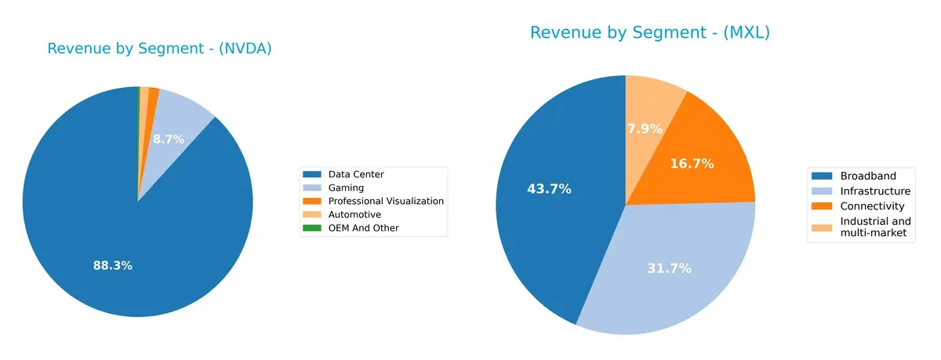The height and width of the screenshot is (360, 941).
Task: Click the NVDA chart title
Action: (159, 49)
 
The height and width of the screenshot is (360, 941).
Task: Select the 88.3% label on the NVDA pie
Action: (112, 266)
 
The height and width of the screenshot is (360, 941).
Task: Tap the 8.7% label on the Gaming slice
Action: (169, 140)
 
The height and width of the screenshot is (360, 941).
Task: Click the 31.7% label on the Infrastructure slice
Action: (669, 268)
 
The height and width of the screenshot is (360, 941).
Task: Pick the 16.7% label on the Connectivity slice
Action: (692, 164)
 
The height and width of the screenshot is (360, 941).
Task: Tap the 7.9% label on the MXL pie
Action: (645, 129)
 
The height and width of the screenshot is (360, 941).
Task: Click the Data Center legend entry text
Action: (356, 174)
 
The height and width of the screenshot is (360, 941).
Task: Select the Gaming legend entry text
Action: (346, 188)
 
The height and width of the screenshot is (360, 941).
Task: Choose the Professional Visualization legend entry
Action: (386, 202)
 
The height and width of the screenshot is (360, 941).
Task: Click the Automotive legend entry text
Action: (354, 215)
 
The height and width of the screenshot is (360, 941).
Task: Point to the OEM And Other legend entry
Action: (363, 228)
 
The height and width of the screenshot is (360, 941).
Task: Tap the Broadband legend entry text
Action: (867, 176)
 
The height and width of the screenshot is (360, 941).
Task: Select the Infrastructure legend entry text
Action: (875, 191)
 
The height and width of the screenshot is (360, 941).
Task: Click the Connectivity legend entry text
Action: (872, 206)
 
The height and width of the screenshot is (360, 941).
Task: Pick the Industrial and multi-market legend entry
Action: (875, 227)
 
